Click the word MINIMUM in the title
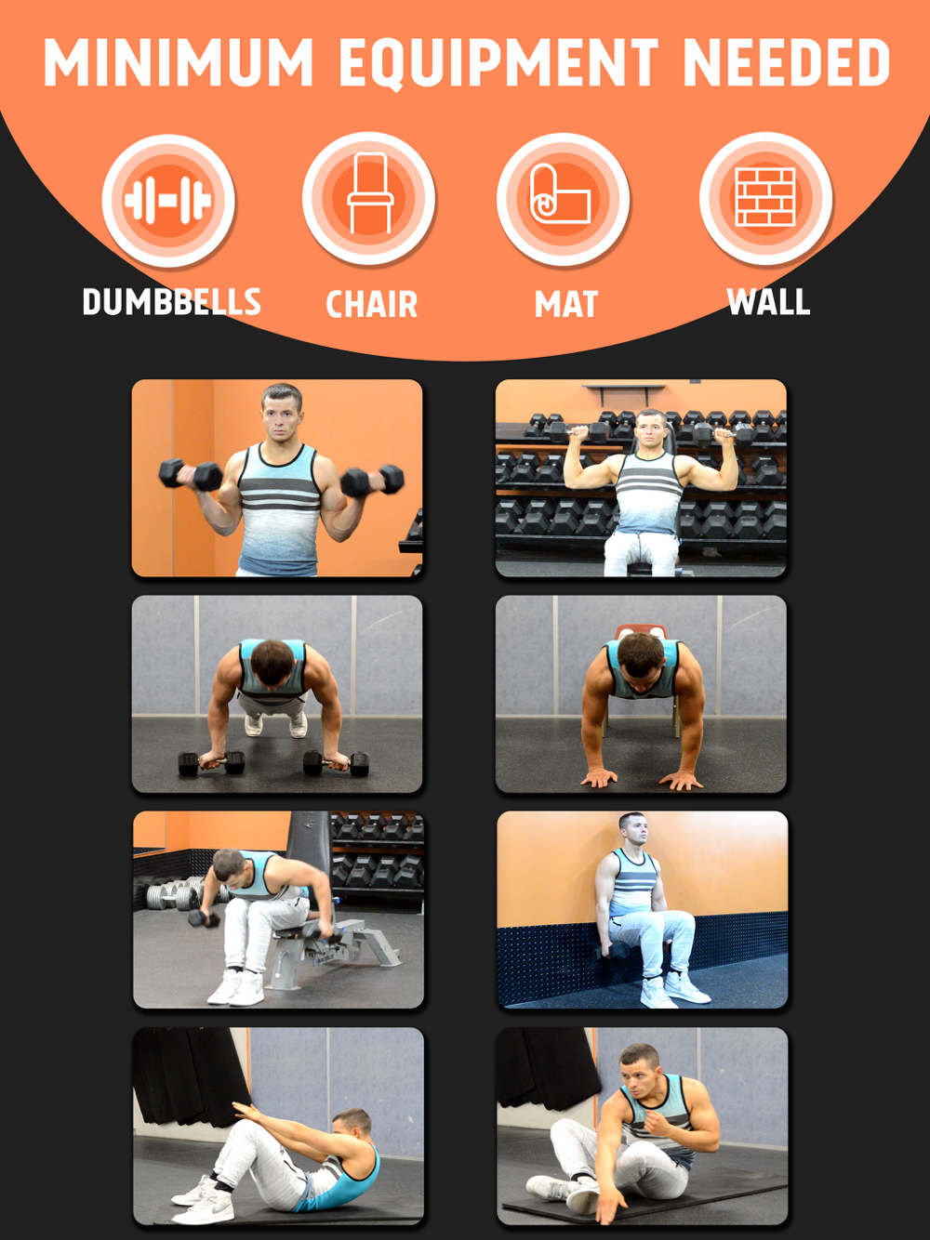pos(178,62)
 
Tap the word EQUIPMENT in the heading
pos(498,63)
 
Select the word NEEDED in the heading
pos(787,62)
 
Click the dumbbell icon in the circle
pos(167,200)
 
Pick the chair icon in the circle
pos(370,193)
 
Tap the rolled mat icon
pos(560,194)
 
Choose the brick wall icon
pos(765,196)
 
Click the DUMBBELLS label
pos(172,302)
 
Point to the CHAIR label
pos(371,304)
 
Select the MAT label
pos(565,304)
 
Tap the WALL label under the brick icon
pos(768,301)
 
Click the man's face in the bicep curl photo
pos(282,417)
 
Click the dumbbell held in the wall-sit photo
pos(611,951)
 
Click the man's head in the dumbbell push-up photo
pos(272,662)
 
